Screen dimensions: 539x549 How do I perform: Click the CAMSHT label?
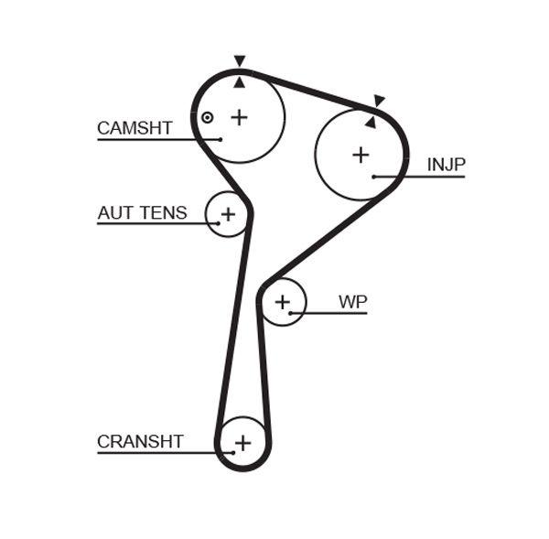point(135,128)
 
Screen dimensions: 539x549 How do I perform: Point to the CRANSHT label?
point(140,442)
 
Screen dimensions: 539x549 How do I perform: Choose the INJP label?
point(447,165)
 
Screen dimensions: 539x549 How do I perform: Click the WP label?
point(352,301)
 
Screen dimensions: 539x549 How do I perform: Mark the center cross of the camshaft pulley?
point(239,117)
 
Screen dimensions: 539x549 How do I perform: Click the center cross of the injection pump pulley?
point(361,155)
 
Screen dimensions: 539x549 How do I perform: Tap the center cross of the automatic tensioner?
point(228,214)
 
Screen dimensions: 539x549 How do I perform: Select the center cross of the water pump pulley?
point(283,302)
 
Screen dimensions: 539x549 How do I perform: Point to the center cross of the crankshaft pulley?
point(242,444)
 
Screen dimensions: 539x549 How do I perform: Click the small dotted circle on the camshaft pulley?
point(208,117)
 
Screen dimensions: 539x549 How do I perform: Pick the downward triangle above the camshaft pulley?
point(240,61)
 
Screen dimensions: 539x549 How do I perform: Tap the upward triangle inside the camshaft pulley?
point(240,82)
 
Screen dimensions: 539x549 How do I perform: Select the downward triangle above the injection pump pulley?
point(379,101)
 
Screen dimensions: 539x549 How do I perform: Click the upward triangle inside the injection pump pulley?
point(371,121)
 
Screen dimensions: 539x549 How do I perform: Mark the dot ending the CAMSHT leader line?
point(220,139)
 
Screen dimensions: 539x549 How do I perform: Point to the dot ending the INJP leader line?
point(374,176)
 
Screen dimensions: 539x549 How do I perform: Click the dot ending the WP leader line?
point(291,313)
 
